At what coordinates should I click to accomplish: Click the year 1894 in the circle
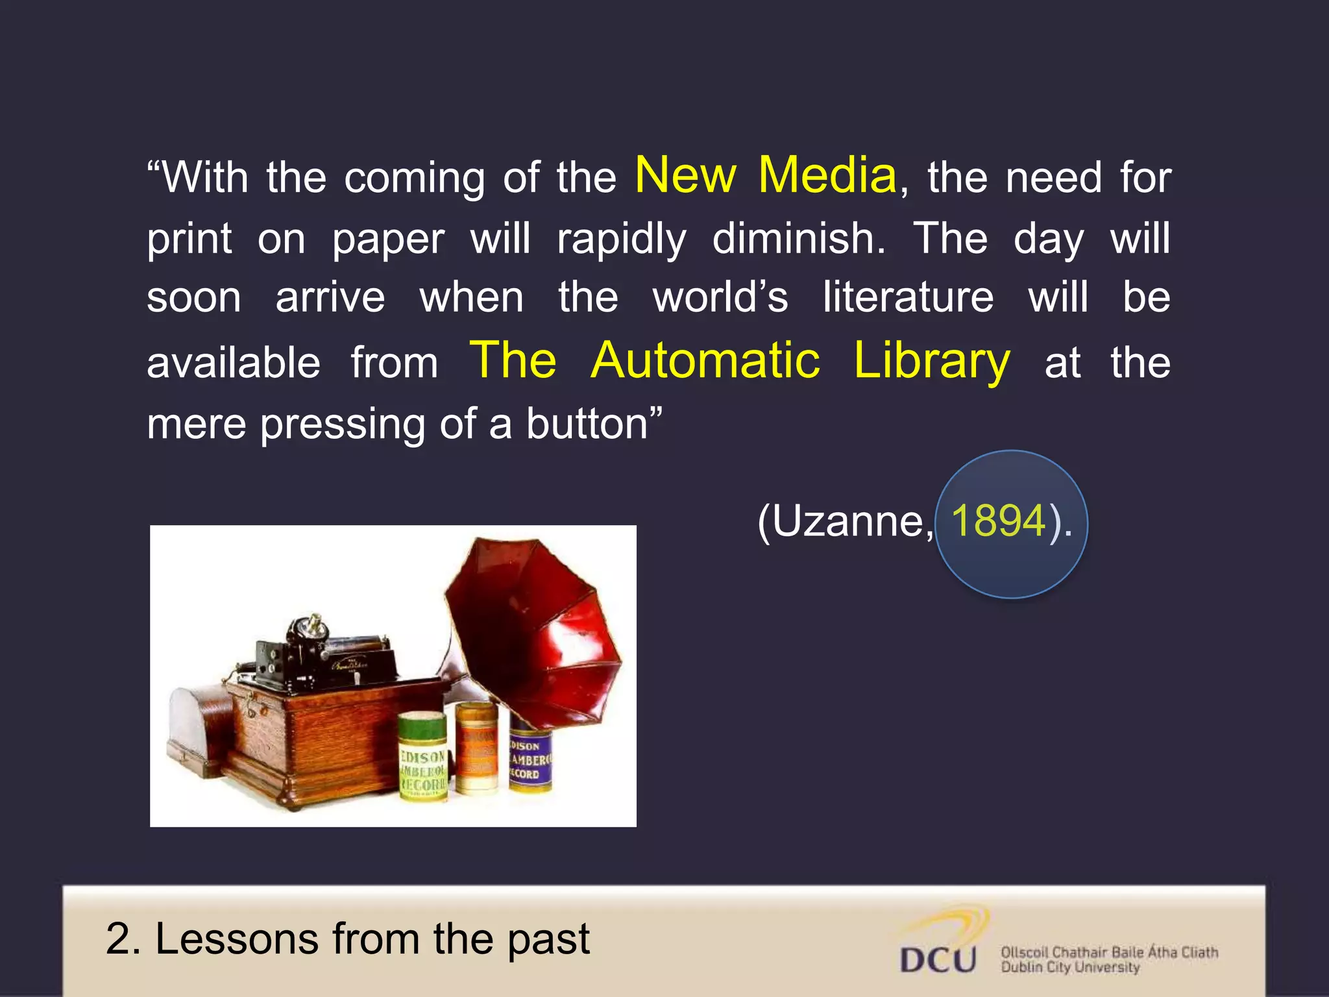pyautogui.click(x=998, y=521)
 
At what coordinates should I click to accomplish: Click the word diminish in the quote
pyautogui.click(x=798, y=238)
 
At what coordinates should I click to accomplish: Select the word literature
pyautogui.click(x=908, y=298)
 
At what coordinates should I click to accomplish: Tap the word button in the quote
pyautogui.click(x=587, y=424)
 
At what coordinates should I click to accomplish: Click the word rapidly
pyautogui.click(x=621, y=238)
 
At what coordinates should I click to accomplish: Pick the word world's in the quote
pyautogui.click(x=720, y=298)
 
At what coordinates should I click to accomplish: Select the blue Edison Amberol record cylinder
pyautogui.click(x=530, y=756)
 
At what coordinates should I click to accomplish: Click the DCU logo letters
pyautogui.click(x=938, y=959)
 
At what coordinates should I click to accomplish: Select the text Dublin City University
pyautogui.click(x=1070, y=967)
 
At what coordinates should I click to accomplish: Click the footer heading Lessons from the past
pyautogui.click(x=348, y=939)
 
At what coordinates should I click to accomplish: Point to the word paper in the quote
pyautogui.click(x=388, y=238)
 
